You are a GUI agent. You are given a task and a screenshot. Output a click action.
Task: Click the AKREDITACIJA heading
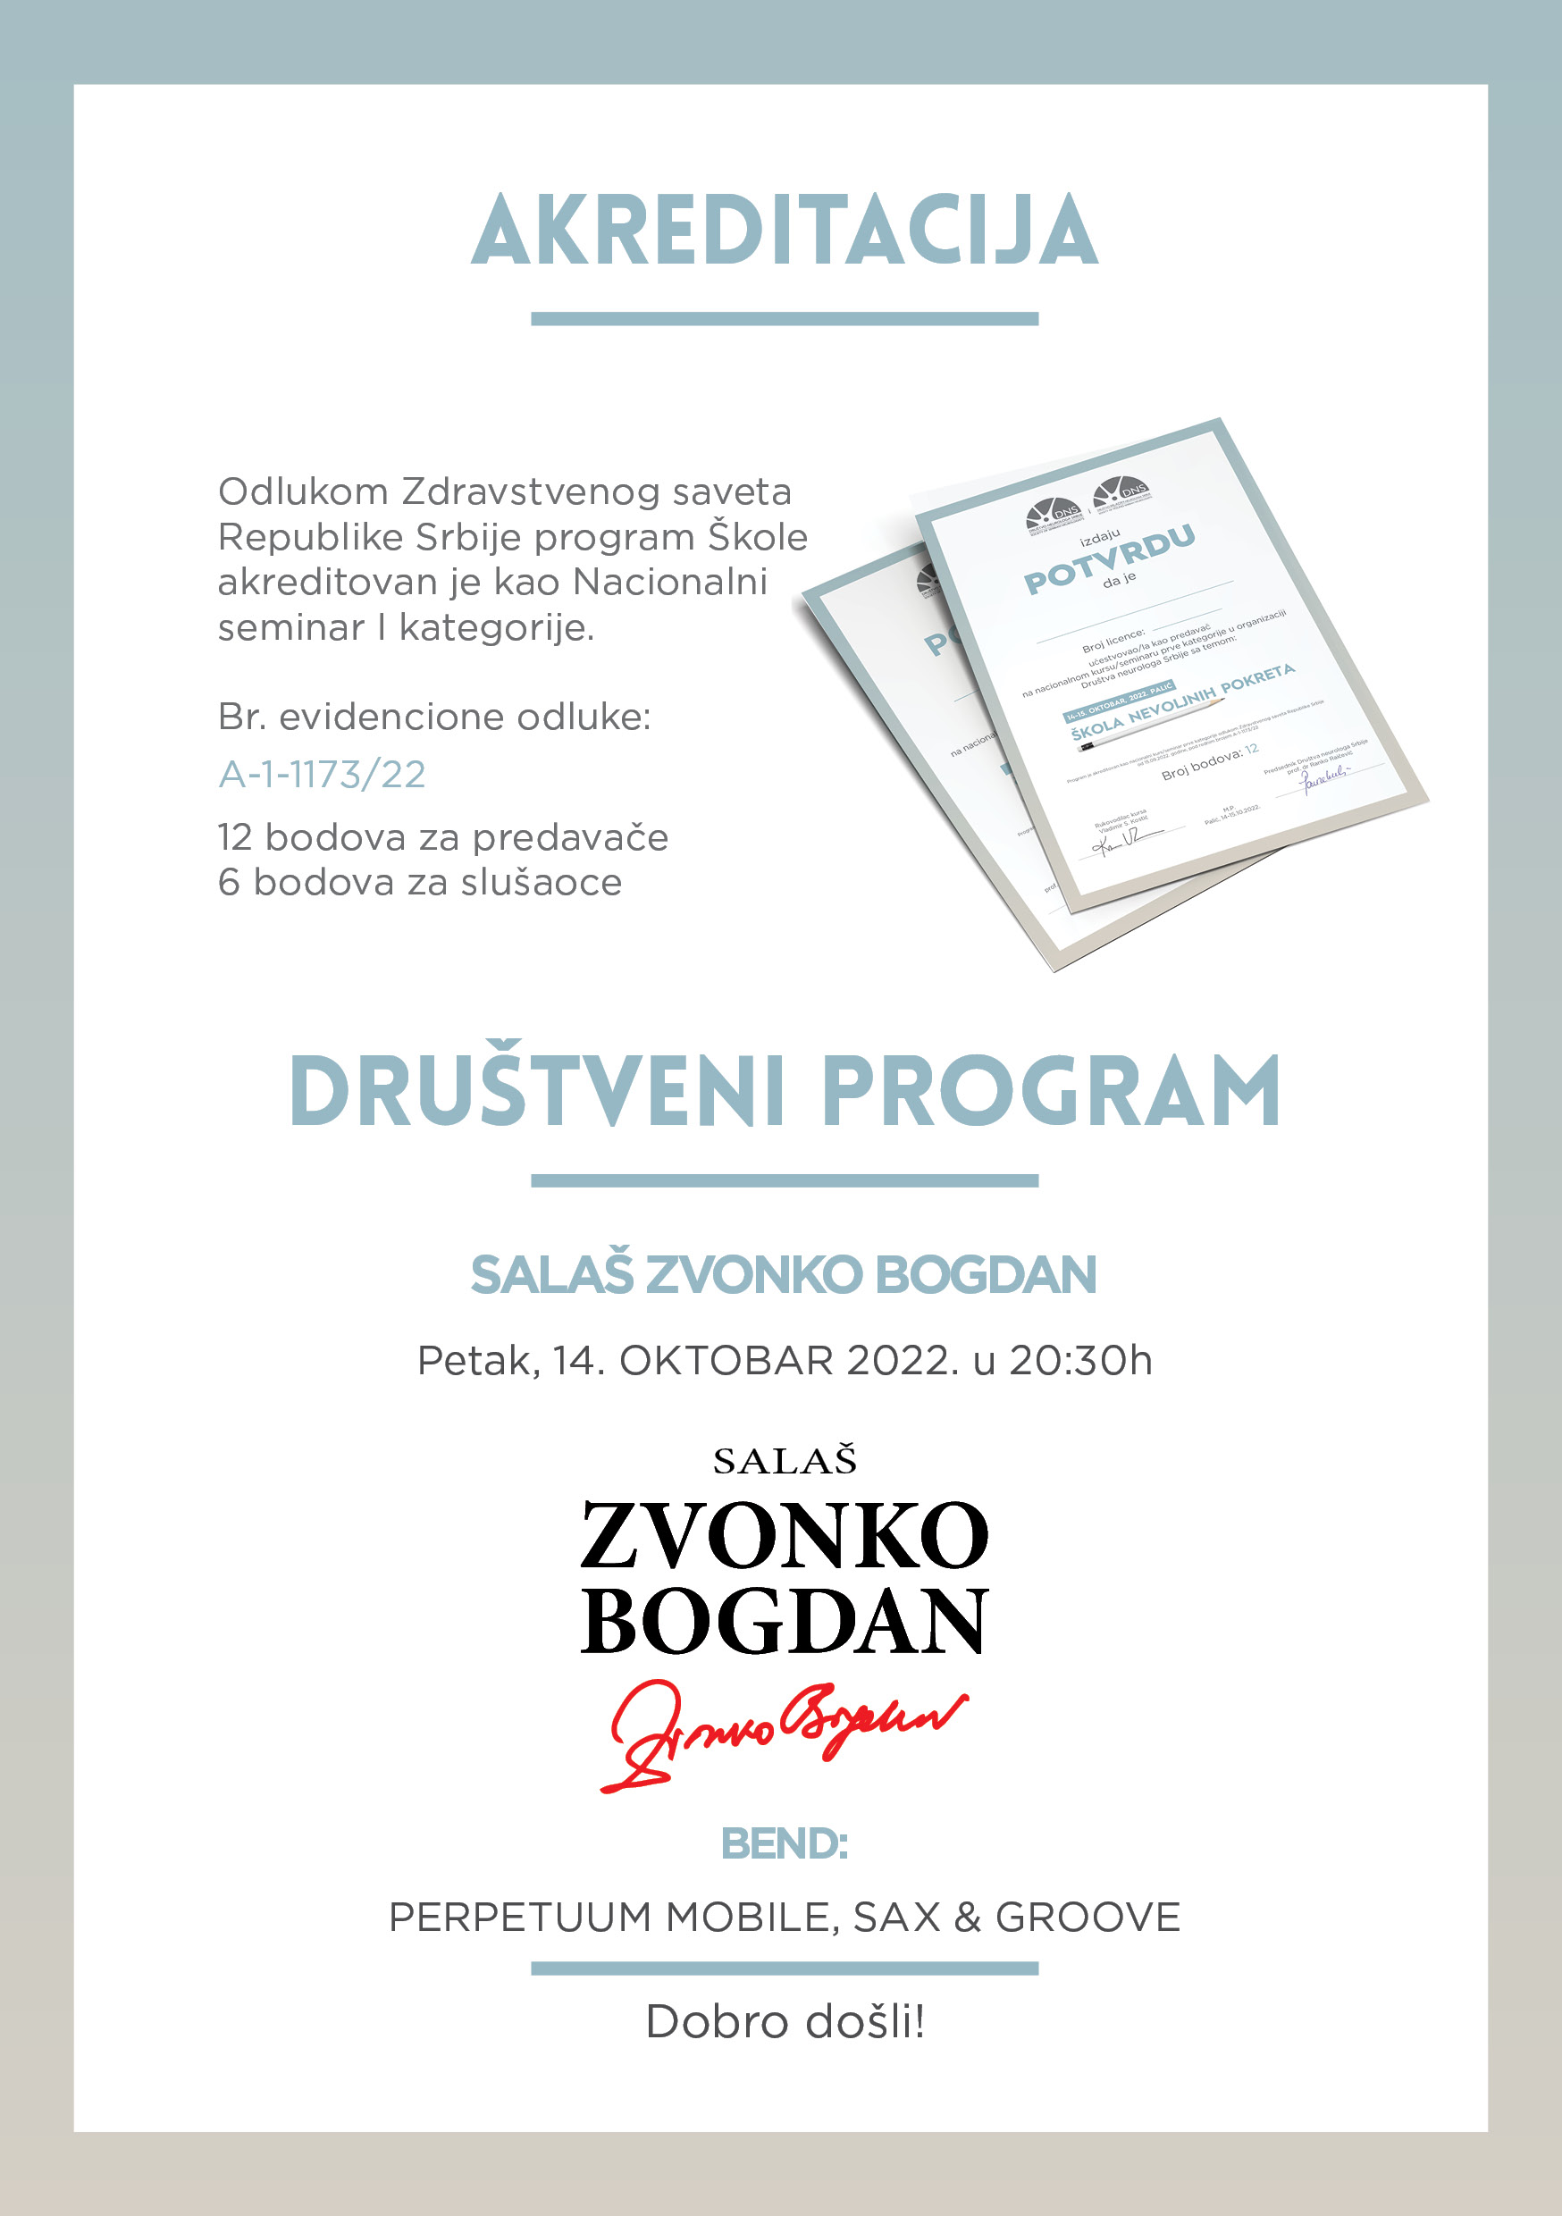tap(784, 230)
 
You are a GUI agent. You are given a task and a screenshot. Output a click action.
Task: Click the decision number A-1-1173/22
tap(322, 774)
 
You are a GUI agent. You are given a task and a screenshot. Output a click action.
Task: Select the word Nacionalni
tap(670, 582)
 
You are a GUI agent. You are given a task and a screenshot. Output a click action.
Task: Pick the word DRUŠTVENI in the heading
tap(536, 1091)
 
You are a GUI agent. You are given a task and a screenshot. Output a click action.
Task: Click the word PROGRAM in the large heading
tap(1050, 1091)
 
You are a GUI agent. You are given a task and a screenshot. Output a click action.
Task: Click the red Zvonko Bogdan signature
tap(782, 1734)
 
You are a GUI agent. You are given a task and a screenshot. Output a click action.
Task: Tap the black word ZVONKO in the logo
tap(783, 1536)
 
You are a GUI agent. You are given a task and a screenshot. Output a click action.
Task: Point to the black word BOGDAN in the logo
tap(783, 1622)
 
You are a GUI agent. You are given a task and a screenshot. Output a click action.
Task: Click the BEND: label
tap(784, 1843)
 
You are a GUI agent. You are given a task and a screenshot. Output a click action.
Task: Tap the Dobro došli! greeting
tap(784, 2021)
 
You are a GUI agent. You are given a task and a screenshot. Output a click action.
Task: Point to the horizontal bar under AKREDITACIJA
tap(784, 318)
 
